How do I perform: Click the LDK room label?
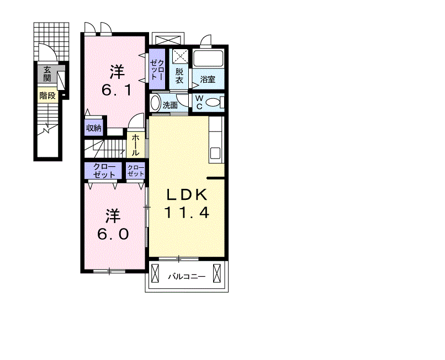[187, 195]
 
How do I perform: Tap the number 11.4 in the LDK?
[187, 213]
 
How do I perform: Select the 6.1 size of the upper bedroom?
[116, 91]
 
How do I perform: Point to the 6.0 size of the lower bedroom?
[113, 234]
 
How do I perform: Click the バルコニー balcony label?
[187, 276]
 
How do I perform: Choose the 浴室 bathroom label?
[208, 79]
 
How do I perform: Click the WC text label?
[199, 102]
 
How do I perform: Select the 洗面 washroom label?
[170, 105]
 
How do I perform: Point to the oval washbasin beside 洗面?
[155, 103]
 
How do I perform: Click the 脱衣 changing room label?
[179, 76]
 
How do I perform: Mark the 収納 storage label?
[94, 128]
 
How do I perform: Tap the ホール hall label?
[135, 145]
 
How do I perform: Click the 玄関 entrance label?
[47, 74]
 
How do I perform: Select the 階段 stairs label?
[47, 96]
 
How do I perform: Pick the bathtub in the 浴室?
[208, 59]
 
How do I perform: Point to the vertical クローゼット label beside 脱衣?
[157, 69]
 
